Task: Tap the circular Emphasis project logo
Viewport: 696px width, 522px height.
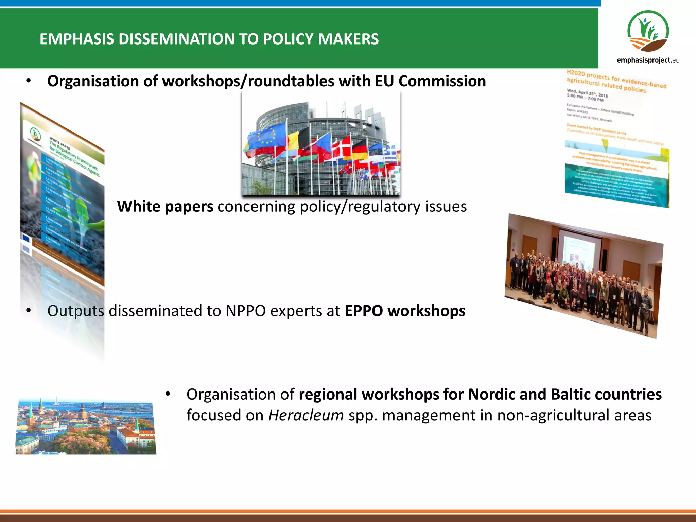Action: (648, 31)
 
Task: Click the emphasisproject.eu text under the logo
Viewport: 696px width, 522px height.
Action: (648, 60)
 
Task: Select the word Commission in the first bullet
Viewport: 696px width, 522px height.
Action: (442, 81)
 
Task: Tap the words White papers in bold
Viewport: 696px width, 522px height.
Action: (165, 206)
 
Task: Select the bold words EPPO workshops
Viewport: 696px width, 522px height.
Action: (405, 311)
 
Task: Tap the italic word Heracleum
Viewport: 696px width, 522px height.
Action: (306, 415)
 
